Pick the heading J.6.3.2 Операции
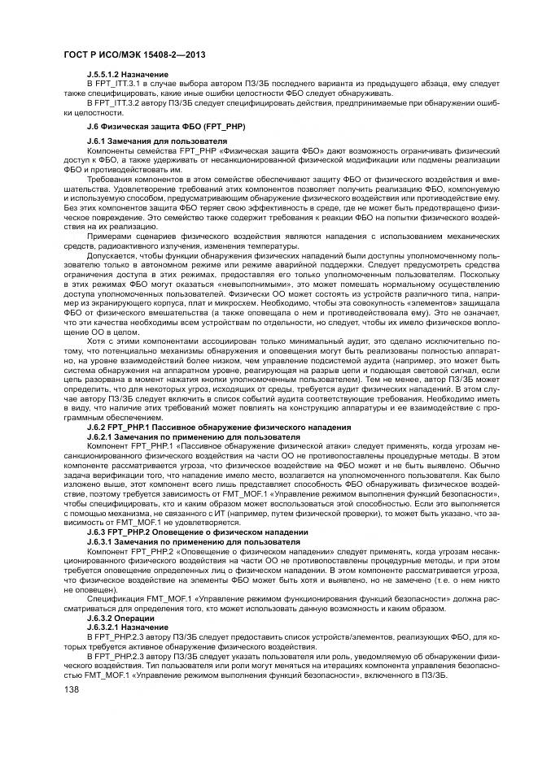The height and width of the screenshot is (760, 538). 121,617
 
